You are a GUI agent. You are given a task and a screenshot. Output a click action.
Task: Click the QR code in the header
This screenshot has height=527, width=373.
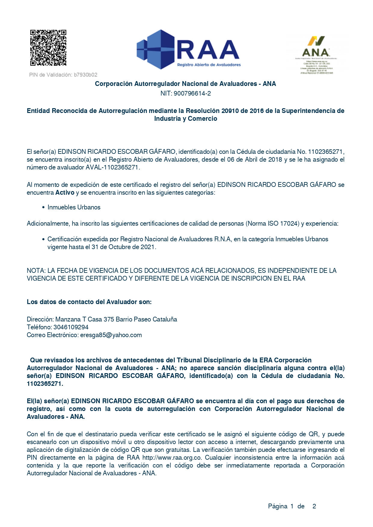pos(48,47)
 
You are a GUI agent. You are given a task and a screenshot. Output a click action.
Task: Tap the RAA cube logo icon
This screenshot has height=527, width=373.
pos(156,49)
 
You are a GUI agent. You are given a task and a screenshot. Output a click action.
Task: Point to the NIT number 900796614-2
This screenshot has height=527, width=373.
pos(192,93)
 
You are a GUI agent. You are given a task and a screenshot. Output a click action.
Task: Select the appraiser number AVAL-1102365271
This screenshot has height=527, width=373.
pos(112,167)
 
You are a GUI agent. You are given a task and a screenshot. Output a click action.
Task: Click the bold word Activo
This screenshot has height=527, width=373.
pos(65,193)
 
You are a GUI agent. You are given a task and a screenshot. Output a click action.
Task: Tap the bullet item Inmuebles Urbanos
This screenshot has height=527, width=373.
pos(74,207)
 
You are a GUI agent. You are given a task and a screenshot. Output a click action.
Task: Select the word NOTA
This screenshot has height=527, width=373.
pos(36,271)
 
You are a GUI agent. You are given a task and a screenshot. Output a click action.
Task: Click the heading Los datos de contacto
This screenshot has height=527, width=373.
pos(89,302)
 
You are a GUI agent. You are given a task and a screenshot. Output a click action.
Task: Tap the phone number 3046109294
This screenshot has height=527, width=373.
pos(71,327)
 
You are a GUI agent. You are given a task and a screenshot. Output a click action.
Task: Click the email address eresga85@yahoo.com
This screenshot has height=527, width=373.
pos(111,335)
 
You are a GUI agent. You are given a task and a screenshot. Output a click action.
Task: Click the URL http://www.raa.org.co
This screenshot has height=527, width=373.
pos(172,458)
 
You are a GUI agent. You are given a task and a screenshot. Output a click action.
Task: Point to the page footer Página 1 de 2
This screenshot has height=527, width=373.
pos(292,506)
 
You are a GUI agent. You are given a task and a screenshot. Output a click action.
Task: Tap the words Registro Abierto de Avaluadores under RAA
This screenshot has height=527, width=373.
pos(209,65)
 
